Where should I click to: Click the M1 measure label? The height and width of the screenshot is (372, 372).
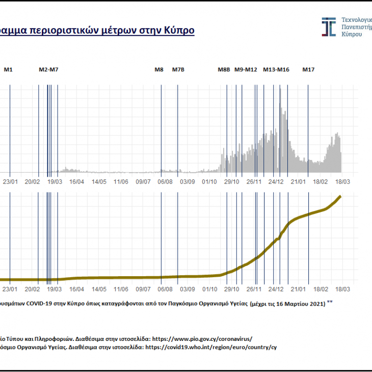[x=8, y=69]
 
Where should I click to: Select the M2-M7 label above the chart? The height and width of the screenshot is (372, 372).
[x=49, y=69]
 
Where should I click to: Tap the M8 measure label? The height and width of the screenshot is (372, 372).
[x=159, y=69]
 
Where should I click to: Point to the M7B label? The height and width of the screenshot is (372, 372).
[x=178, y=69]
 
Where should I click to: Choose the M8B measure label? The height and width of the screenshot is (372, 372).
[x=224, y=69]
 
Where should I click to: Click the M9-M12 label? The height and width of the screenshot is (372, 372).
[x=246, y=69]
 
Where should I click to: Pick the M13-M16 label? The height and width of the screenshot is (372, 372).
[x=276, y=69]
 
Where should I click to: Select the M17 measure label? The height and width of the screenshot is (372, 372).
[x=308, y=69]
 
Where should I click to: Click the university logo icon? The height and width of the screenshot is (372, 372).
[x=329, y=27]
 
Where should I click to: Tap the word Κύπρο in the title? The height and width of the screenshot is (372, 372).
[x=179, y=30]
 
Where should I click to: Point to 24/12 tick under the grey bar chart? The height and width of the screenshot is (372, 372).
[x=276, y=181]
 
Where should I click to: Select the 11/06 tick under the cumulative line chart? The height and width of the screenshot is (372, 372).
[x=121, y=289]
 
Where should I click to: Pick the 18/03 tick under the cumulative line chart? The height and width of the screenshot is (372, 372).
[x=341, y=289]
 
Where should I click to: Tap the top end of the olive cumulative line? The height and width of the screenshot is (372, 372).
[x=340, y=197]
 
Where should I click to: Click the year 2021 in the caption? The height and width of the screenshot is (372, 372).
[x=314, y=304]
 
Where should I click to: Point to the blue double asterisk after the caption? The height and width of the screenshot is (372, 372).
[x=330, y=302]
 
